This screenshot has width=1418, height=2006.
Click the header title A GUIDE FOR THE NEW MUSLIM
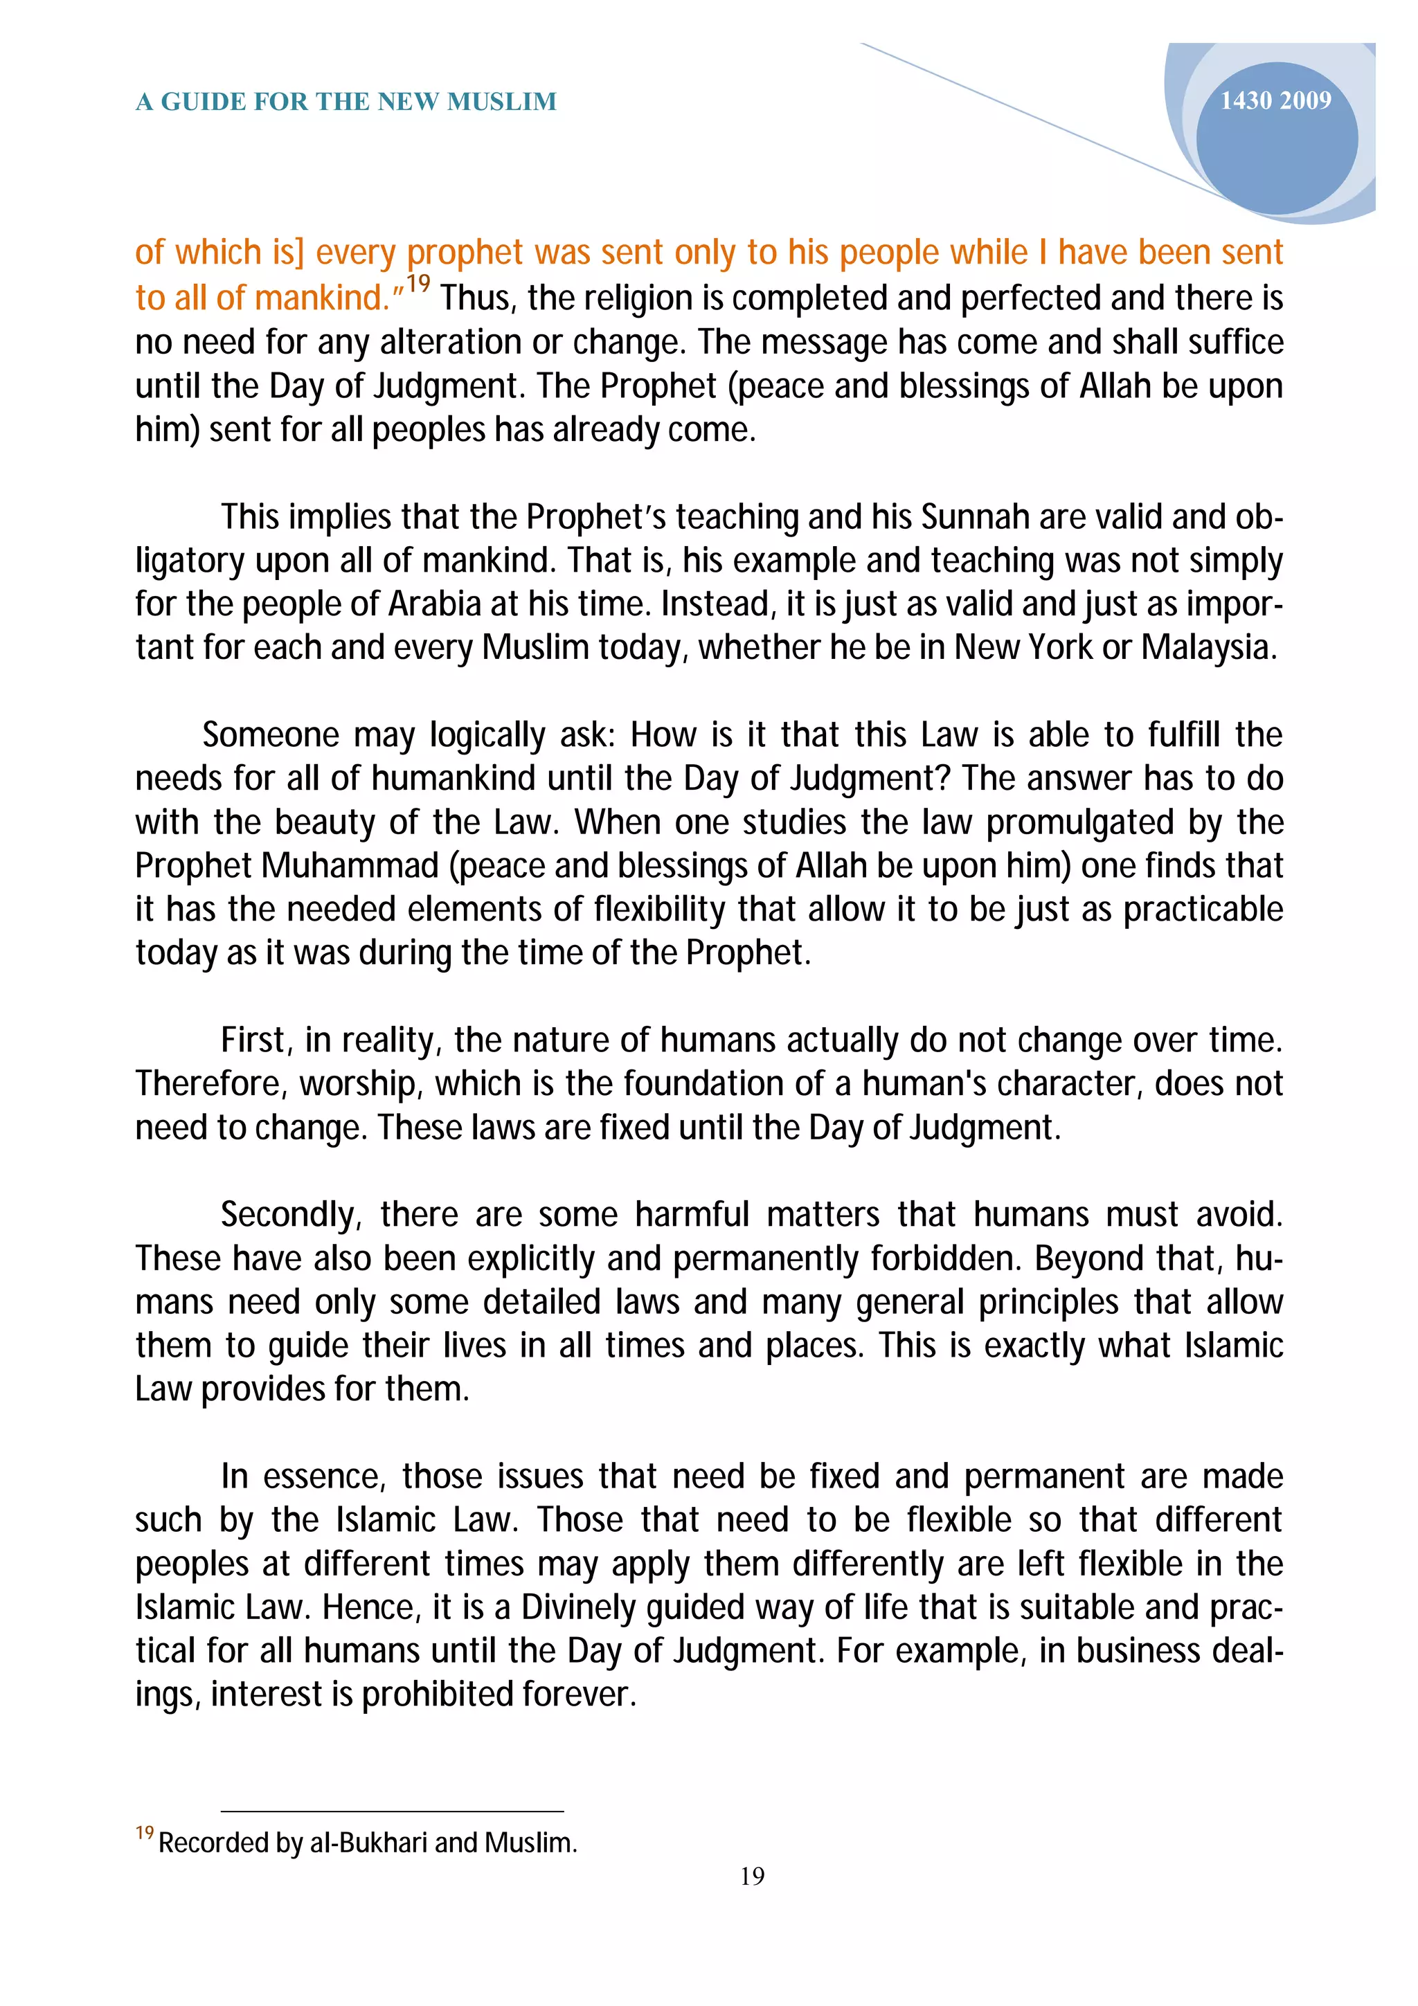[x=346, y=102]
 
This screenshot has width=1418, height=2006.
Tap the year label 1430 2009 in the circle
[x=1275, y=101]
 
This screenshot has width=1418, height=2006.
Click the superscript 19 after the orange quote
[x=418, y=284]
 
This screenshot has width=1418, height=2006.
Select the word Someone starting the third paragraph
[x=270, y=736]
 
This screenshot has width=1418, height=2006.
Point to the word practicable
[x=1202, y=910]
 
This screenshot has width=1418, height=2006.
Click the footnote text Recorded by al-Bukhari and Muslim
[x=367, y=1843]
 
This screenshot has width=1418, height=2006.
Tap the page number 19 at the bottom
[x=752, y=1876]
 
